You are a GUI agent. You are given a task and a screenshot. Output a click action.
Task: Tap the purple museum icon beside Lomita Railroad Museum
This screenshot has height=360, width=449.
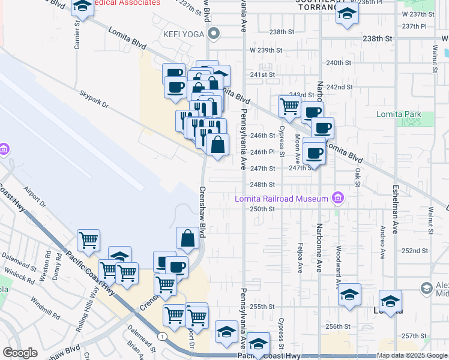pos(338,198)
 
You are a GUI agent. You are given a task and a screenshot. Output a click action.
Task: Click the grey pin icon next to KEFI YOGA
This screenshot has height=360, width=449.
pos(211,34)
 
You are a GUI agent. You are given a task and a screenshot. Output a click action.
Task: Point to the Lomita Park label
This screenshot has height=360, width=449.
pos(399,114)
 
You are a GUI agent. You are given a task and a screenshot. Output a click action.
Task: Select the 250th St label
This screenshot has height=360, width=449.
pos(262,209)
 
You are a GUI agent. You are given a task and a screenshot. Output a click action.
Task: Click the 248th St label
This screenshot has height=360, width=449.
pos(262,185)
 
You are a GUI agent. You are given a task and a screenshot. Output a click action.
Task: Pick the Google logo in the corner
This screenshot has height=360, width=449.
pos(20,353)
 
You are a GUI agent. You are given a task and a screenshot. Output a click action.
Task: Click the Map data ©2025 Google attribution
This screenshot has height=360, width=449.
pos(412,355)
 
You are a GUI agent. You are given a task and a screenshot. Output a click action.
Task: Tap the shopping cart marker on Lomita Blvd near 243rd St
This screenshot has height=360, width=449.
pos(289,107)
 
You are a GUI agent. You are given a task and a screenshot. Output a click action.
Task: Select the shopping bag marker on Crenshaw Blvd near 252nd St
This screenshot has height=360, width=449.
pos(187,238)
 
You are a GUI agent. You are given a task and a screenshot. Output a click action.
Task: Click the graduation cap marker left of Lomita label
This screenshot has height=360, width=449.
pos(349,295)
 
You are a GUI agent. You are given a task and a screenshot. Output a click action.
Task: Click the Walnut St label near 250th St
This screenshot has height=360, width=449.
pos(431,218)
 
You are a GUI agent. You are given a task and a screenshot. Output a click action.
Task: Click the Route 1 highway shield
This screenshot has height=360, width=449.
pos(162,337)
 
